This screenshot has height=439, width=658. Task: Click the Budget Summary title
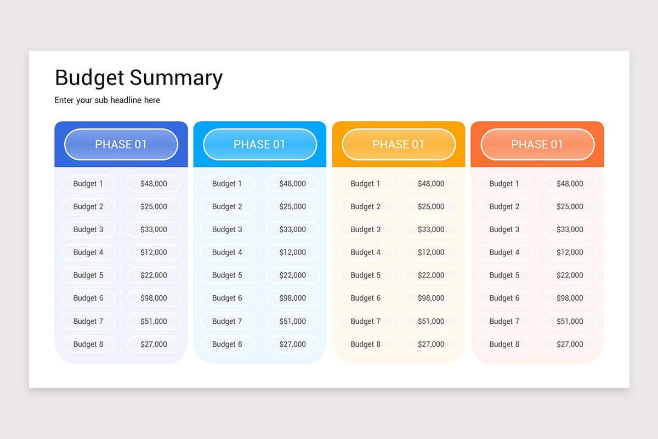[x=139, y=78]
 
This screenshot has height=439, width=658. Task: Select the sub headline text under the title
[x=107, y=100]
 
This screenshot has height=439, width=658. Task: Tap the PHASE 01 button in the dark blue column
[x=121, y=144]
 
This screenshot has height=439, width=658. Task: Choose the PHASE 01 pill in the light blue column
[x=260, y=144]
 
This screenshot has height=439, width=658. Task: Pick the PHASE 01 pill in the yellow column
[x=399, y=144]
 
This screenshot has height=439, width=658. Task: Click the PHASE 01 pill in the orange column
[x=537, y=144]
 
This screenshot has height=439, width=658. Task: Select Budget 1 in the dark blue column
[x=88, y=184]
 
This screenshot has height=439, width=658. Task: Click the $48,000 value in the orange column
[x=570, y=184]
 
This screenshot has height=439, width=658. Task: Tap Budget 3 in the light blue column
[x=227, y=229]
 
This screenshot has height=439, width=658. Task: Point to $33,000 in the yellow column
[x=431, y=229]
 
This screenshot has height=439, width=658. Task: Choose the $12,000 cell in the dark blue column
[x=154, y=252]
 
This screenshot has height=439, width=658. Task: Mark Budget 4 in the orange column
[x=504, y=252]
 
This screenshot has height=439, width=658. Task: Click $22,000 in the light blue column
[x=292, y=275]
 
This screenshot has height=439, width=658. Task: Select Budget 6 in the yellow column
[x=366, y=298]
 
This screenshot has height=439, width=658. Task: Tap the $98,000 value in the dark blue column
[x=154, y=298]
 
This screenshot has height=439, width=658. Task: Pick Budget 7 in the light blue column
[x=227, y=321]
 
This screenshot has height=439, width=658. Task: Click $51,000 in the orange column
[x=570, y=321]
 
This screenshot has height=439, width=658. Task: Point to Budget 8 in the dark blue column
[x=88, y=344]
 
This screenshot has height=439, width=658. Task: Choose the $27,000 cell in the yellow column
[x=431, y=344]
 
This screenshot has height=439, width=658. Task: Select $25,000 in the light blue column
[x=292, y=207]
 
